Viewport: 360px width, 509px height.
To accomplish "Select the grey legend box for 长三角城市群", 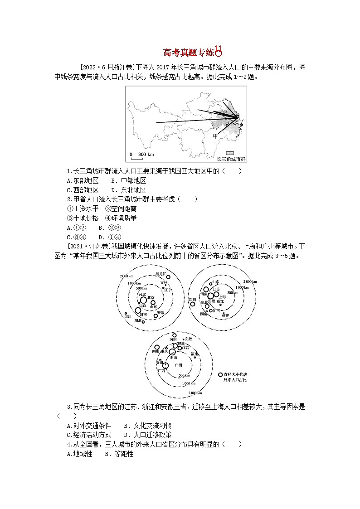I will (230, 154).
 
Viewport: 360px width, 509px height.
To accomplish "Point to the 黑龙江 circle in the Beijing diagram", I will (168, 277).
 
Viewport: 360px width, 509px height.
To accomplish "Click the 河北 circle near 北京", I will (143, 300).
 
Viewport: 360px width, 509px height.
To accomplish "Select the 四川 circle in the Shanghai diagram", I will (193, 304).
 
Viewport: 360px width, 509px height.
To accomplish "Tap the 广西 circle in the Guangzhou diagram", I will (166, 366).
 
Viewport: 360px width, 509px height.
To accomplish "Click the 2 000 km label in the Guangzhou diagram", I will (195, 393).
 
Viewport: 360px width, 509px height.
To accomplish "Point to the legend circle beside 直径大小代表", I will (220, 375).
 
